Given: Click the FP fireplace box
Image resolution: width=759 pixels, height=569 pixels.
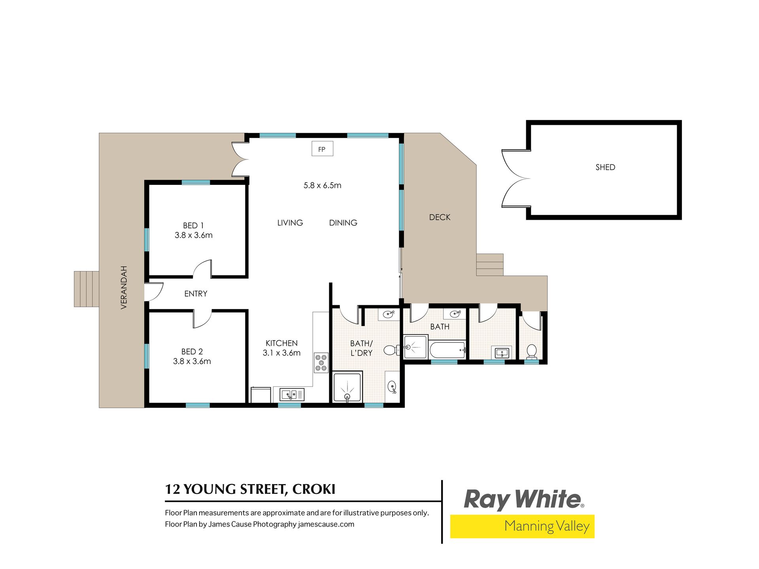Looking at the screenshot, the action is pos(322,149).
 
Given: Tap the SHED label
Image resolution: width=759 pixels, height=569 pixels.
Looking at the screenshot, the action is pos(605,167).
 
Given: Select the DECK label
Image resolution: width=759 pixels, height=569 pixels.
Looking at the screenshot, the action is pos(440,217).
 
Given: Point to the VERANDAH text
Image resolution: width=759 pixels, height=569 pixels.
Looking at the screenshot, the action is pos(124,287).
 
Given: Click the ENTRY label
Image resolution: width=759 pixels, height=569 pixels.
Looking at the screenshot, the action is pos(196,294).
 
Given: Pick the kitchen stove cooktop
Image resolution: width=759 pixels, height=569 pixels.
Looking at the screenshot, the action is pos(321,363).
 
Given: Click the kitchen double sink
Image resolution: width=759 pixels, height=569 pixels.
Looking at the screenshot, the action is pos(292,394).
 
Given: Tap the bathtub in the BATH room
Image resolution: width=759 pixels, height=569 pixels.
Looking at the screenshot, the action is pos(447,350).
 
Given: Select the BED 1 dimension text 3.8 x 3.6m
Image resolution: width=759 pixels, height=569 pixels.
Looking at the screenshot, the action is pos(194,235).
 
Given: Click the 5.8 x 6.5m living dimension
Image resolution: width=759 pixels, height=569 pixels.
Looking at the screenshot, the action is pos(322,185).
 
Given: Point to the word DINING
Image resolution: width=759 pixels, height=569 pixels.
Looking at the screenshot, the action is pos(343,223).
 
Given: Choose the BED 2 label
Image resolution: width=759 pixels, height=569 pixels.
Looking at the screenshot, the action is pos(192,351).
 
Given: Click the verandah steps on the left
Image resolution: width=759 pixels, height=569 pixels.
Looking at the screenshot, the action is pos(86,289).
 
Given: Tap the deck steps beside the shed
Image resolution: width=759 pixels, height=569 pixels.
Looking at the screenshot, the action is pos(490,265).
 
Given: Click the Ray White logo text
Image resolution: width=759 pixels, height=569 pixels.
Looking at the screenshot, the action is pos(524,499).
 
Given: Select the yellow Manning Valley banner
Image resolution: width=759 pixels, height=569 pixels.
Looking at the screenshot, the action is pos(522,526).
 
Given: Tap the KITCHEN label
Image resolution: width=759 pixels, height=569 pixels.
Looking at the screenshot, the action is pos(281,343).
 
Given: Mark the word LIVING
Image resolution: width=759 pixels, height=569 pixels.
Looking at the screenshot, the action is pos(290,223).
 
